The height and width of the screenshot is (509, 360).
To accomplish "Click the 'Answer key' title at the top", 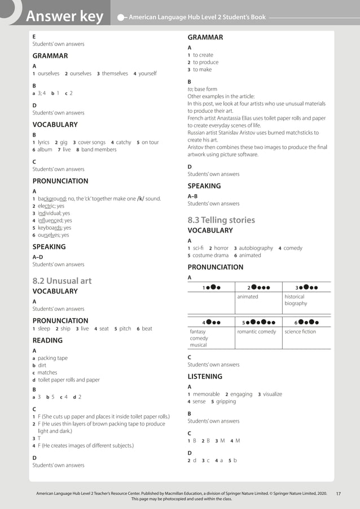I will click(65, 17).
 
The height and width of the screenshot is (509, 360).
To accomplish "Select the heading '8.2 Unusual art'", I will click(62, 280).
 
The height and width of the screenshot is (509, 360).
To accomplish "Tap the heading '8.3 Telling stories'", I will click(221, 220).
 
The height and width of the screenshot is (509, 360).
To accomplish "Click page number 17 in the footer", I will click(338, 494).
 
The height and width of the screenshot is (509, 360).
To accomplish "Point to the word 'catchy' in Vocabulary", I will click(124, 143).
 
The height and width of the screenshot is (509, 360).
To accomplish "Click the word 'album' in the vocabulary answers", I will click(45, 150).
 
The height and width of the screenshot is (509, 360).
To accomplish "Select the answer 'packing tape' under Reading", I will click(52, 358).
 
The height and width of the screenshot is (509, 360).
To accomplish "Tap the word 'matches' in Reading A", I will click(47, 372).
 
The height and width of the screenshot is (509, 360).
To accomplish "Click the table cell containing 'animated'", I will click(248, 296).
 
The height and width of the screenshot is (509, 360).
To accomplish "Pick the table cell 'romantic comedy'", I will click(256, 332).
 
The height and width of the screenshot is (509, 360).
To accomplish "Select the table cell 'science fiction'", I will click(300, 332).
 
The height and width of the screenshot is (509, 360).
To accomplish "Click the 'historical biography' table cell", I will click(296, 300).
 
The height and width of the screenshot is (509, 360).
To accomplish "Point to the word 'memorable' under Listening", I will click(206, 394).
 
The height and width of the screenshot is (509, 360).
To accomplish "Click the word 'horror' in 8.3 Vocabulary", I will click(221, 248).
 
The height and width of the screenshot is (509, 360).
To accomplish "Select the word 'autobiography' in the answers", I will click(256, 248).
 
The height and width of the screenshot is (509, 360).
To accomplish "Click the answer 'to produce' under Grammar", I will click(205, 62).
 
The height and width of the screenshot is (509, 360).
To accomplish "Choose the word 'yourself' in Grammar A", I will click(148, 73).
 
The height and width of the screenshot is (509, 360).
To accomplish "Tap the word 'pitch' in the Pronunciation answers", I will click(125, 328).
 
